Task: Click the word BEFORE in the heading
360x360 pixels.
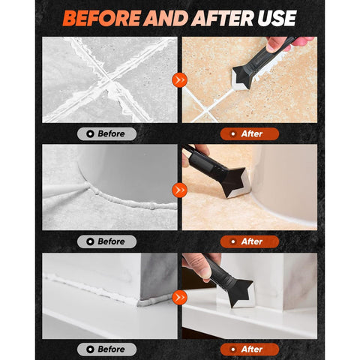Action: click(101, 18)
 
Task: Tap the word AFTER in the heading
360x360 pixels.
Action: click(223, 18)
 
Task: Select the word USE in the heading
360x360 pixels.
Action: click(277, 18)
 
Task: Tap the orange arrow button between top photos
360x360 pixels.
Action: click(179, 80)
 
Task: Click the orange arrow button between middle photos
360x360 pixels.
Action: click(179, 190)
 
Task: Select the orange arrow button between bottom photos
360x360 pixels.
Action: click(179, 298)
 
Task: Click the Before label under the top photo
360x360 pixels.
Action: click(106, 133)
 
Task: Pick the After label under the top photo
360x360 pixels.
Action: click(250, 133)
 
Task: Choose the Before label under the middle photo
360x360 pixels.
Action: click(106, 241)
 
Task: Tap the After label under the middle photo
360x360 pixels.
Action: click(250, 241)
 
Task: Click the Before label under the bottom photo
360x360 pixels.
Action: click(106, 349)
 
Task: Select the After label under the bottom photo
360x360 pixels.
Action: click(250, 349)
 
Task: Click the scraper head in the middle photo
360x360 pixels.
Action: click(235, 183)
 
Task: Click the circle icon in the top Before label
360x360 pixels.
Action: click(90, 133)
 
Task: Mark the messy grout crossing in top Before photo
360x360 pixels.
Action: click(109, 81)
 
